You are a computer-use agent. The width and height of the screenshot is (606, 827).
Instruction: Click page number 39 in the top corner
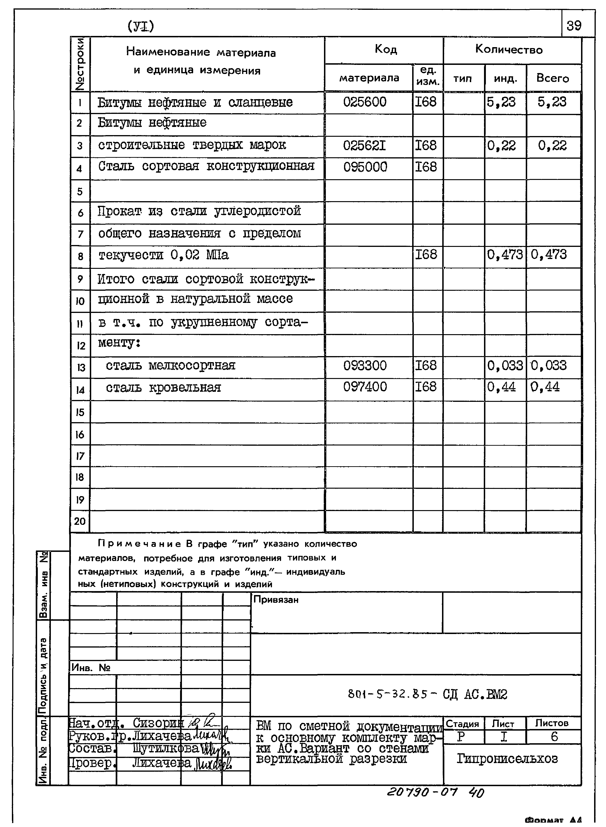pos(574,26)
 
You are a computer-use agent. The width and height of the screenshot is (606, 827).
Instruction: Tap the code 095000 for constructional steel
pos(365,167)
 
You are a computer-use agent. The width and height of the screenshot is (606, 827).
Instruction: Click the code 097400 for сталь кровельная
pos(365,387)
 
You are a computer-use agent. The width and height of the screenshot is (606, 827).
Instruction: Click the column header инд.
pos(505,78)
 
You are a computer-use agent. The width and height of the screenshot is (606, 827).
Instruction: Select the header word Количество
pos(509,49)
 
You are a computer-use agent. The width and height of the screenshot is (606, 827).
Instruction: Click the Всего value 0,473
pos(549,255)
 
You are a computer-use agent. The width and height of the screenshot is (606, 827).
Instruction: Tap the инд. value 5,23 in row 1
pos(501,102)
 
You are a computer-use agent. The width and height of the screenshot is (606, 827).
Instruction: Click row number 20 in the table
pos(80,521)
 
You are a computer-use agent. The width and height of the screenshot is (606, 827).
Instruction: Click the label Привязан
pos(276,599)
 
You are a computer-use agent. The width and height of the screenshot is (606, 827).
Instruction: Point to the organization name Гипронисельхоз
pos(507,758)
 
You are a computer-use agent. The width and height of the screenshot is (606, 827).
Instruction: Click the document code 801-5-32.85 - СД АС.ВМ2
pos(427,694)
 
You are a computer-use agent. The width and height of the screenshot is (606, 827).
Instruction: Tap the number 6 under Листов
pos(554,736)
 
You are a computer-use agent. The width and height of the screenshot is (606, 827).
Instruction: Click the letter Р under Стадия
pos(461,736)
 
